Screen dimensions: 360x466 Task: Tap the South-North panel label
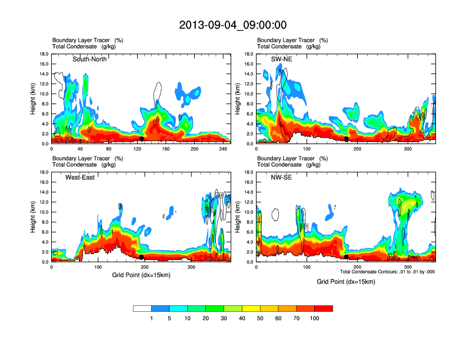coord(89,59)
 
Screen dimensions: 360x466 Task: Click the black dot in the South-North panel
coord(141,139)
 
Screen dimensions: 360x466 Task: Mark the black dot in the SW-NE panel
coord(346,139)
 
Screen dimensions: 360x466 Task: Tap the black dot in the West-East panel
coord(141,257)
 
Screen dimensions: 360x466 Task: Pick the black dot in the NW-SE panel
coord(346,257)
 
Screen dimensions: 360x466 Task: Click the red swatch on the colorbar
coord(324,308)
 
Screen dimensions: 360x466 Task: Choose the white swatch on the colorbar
coord(142,308)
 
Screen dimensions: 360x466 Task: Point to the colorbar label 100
coord(315,318)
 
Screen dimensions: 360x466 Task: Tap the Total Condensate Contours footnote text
coord(387,271)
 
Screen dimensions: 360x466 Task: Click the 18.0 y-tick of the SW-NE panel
coord(248,54)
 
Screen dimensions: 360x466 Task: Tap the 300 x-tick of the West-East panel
coord(191,268)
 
